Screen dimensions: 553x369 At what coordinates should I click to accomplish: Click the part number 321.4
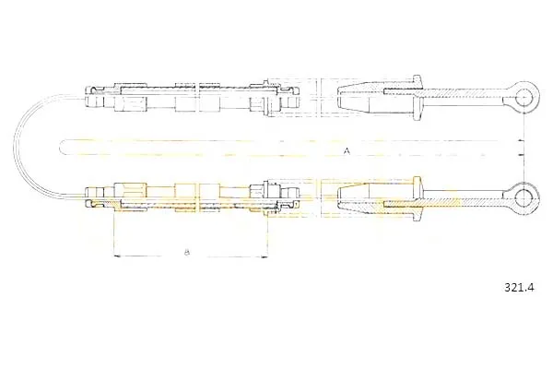coord(520,288)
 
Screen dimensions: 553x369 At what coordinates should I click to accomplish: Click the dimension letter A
coord(347,151)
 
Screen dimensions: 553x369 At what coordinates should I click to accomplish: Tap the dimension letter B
coord(187,252)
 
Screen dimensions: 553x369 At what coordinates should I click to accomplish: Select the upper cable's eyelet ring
coord(525,96)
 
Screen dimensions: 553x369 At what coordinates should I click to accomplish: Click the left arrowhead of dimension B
coord(118,256)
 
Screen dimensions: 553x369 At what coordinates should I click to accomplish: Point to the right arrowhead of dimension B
coord(265,257)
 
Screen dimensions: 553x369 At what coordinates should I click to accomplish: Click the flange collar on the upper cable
coord(418,97)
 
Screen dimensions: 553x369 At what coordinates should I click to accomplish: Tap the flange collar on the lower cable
coord(418,197)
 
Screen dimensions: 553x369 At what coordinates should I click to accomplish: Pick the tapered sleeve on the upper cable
coord(375,98)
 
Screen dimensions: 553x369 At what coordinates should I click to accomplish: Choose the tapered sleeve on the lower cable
coord(375,198)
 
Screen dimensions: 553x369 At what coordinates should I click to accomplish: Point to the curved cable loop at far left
coord(15,145)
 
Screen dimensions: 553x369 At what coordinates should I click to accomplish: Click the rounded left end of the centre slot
coord(61,148)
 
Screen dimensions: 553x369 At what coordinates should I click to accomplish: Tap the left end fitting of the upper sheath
coord(95,97)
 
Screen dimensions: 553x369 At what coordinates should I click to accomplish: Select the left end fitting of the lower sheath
coord(95,198)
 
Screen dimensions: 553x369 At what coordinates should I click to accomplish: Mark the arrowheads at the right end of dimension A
coord(521,148)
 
